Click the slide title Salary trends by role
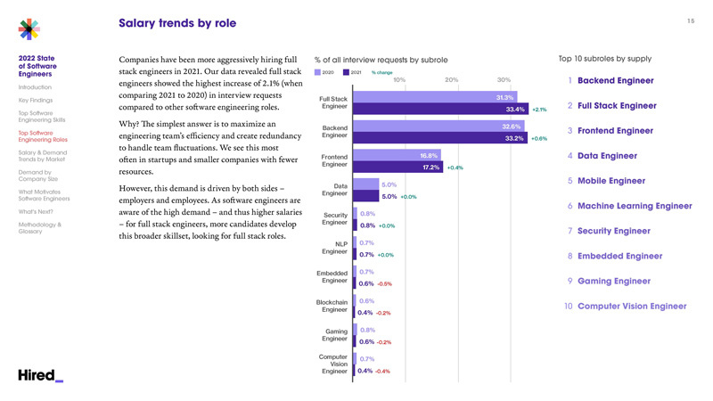177,23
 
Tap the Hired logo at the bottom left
40,375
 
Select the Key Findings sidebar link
36,101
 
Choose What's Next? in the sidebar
36,212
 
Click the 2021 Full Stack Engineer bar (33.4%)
440,110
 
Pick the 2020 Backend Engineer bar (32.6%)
438,127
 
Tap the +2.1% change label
539,110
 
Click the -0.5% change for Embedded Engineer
384,284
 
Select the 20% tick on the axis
451,80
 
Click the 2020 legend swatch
318,72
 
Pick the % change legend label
382,72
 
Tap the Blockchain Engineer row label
332,306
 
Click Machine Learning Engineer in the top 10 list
635,206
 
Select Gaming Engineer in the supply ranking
614,281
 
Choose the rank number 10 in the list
568,307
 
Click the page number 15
690,20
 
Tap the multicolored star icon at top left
29,29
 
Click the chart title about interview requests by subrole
381,60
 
